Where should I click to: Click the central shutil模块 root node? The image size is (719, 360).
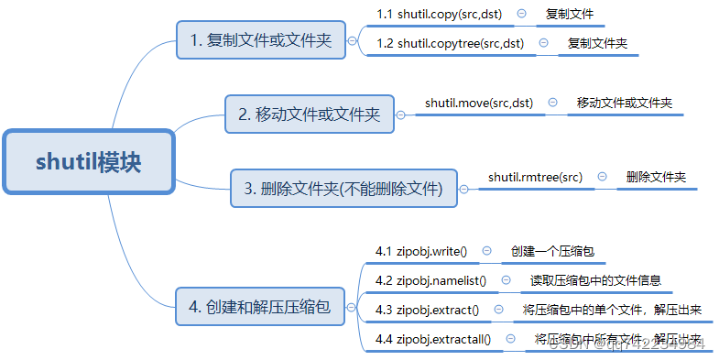pos(89,162)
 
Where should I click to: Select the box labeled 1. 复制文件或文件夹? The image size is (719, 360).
pos(260,41)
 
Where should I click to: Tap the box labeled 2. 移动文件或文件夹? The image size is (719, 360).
pos(309,115)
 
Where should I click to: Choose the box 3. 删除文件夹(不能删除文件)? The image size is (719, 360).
pos(343,190)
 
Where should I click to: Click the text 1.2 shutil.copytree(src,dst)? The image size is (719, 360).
pos(450,43)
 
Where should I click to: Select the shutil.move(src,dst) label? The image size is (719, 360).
pos(479,103)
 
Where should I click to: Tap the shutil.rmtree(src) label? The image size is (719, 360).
pos(535,176)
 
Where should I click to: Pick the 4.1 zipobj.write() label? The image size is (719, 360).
pos(421,251)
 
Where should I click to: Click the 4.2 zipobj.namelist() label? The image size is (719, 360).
pos(430,280)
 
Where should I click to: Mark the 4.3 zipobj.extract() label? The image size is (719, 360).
pos(427,310)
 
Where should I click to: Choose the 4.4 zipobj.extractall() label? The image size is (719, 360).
pos(433,339)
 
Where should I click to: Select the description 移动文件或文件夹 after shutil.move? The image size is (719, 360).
pos(624,103)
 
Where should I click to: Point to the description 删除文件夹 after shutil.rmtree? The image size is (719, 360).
pos(656,176)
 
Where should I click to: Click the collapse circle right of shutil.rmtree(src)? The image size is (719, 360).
pos(602,176)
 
